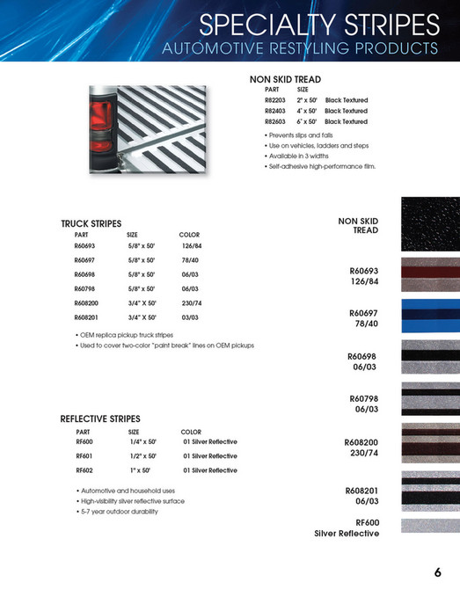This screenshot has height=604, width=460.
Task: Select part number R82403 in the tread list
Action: (x=276, y=111)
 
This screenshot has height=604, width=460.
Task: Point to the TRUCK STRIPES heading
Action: (x=91, y=224)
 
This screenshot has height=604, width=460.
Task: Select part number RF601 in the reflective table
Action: (x=84, y=456)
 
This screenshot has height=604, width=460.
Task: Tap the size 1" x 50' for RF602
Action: (x=141, y=470)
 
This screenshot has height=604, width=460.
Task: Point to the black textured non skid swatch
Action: (x=430, y=222)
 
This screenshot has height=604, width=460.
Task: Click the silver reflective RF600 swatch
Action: (x=430, y=526)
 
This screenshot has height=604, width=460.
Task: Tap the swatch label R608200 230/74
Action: (x=361, y=448)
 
